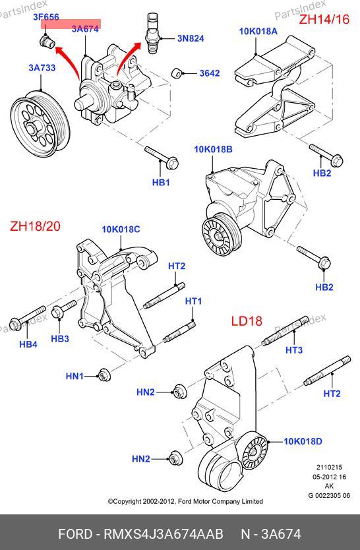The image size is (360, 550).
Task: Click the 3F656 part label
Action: pos(46,16)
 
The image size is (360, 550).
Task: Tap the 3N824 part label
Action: pos(191,38)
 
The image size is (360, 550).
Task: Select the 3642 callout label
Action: pos(210,73)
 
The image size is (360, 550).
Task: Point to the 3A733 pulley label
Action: pos(42,67)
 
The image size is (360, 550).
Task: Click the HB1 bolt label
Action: pos(161,182)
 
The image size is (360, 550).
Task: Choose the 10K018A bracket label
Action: pos(258,31)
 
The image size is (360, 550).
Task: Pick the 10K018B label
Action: pos(213,150)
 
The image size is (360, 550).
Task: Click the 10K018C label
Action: pos(121,229)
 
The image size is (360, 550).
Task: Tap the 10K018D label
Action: pos(303,441)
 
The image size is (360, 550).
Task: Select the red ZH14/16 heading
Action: pos(324,19)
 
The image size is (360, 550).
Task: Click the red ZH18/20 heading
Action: pos(35,226)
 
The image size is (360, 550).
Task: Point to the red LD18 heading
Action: pos(247,321)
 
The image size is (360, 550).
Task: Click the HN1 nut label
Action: pos(75,376)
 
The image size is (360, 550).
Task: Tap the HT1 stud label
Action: pos(193,301)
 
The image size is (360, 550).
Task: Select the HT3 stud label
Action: pos(294,350)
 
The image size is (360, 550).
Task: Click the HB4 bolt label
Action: pos(28,344)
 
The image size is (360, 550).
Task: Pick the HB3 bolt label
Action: pos(60,338)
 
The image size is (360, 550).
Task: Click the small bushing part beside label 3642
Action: pos(177,74)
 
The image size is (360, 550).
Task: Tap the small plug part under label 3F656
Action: pos(47,42)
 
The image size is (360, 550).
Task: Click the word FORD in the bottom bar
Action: pos(75,534)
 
